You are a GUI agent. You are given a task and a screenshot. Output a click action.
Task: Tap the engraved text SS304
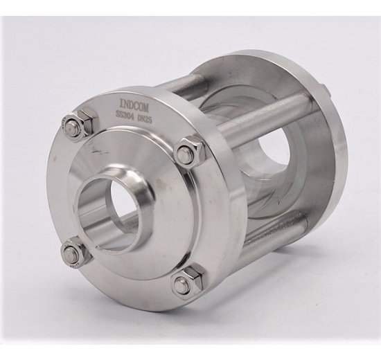(124, 115)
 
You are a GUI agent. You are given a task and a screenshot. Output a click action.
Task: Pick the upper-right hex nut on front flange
(188, 152)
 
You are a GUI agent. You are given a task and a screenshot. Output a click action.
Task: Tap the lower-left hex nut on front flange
(74, 252)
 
